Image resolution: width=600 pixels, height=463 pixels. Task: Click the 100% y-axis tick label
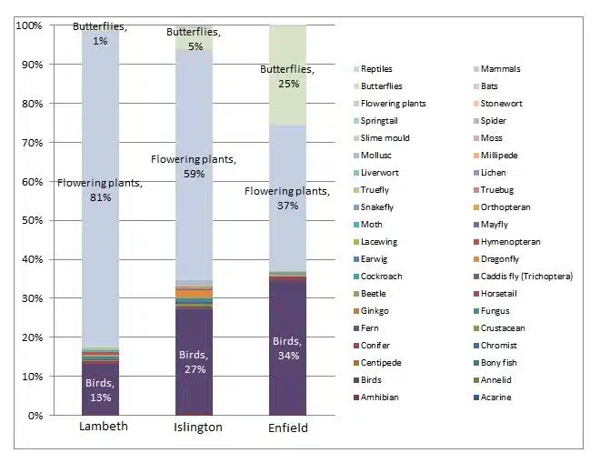tap(27, 25)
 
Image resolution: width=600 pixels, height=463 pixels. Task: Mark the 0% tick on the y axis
tap(33, 416)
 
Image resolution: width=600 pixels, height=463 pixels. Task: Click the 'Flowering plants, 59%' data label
tap(193, 166)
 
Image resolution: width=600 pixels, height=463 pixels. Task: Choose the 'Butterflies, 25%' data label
tap(288, 76)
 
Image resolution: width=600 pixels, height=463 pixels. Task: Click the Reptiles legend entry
tap(375, 69)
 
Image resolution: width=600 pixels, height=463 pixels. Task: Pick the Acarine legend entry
tap(495, 398)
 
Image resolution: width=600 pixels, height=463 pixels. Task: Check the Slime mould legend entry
tap(384, 138)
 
